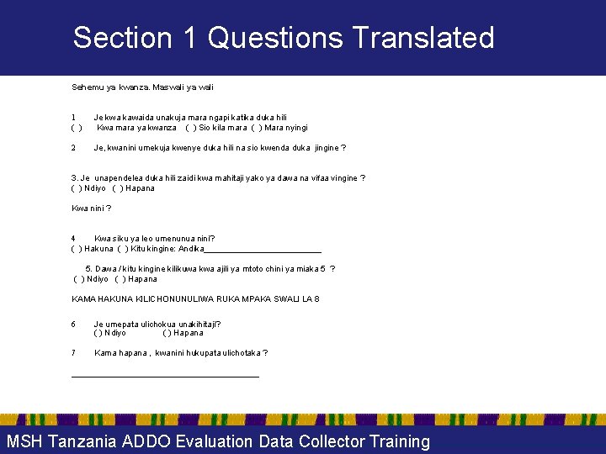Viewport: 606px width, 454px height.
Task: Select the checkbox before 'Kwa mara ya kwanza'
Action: pyautogui.click(x=77, y=128)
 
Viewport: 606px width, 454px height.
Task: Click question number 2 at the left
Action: pyautogui.click(x=74, y=148)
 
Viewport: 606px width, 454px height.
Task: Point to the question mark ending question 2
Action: pyautogui.click(x=343, y=148)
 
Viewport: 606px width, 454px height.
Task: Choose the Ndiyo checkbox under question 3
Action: pyautogui.click(x=77, y=188)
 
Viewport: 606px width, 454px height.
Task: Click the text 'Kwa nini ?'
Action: pyautogui.click(x=91, y=209)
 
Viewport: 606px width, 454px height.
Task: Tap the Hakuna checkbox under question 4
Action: pyautogui.click(x=77, y=249)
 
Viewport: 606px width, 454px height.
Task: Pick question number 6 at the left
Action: pyautogui.click(x=74, y=324)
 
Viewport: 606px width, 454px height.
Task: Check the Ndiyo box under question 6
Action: pyautogui.click(x=98, y=333)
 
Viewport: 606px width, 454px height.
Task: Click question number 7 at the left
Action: pyautogui.click(x=74, y=353)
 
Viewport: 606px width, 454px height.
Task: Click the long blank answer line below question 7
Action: pyautogui.click(x=165, y=376)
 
